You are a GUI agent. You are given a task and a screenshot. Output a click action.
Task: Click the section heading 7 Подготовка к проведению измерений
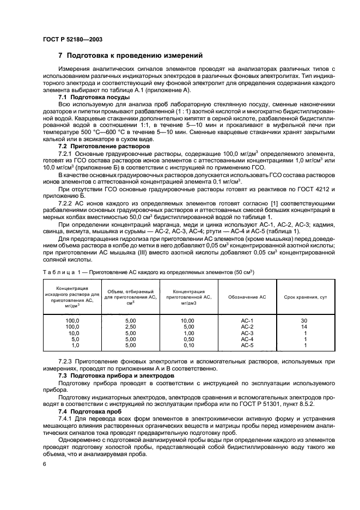(131, 56)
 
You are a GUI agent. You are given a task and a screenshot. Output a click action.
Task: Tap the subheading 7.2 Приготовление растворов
(97, 147)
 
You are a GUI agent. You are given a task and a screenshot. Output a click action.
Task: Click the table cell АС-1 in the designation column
(247, 320)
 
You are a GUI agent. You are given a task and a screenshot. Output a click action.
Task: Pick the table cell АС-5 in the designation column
(247, 345)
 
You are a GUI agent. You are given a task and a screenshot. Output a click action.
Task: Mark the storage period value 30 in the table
(305, 320)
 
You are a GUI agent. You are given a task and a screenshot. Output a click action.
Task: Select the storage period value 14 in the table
(305, 326)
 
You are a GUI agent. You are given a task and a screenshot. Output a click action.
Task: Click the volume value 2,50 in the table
(130, 326)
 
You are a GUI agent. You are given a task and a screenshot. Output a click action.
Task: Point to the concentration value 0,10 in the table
(188, 345)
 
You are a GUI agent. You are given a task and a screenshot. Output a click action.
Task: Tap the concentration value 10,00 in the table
(188, 320)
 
